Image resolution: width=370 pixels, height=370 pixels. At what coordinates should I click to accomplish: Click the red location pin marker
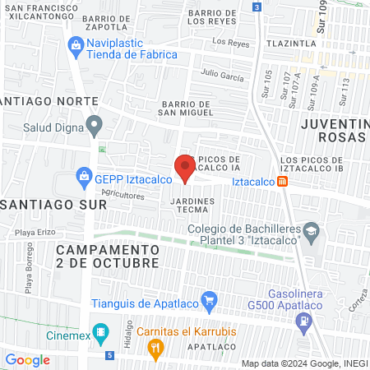186,169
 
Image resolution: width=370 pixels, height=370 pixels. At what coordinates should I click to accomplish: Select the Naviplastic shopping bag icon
76,44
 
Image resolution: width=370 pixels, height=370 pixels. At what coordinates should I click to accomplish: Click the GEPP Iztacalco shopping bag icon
83,175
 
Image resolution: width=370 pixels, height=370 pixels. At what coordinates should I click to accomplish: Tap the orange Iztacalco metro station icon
282,181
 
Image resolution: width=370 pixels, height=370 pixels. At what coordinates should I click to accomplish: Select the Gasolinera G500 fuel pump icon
304,319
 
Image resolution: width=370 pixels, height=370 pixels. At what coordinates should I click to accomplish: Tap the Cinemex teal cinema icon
100,334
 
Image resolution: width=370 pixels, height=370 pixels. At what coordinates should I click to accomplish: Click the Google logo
27,359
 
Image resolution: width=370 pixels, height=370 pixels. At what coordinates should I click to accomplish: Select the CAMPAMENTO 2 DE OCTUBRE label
108,256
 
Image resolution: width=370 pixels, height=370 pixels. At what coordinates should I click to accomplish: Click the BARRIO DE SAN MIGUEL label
187,109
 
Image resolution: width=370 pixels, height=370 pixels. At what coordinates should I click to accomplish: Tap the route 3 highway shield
257,7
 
